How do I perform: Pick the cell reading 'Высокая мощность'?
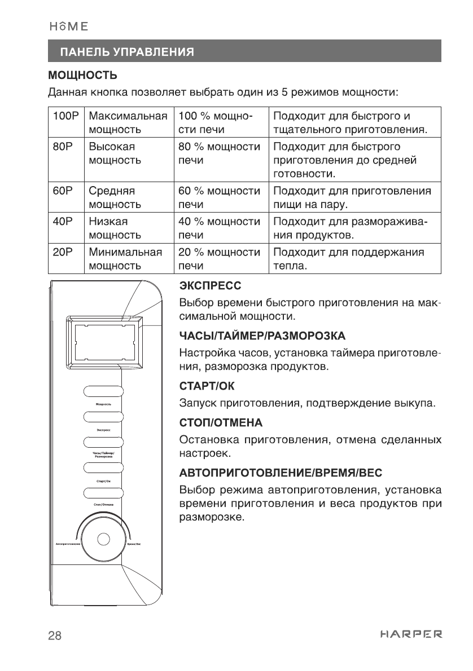(x=127, y=153)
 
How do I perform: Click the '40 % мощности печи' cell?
(x=219, y=227)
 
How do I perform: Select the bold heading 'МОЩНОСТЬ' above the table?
(x=82, y=75)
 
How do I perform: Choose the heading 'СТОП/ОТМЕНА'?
(x=214, y=422)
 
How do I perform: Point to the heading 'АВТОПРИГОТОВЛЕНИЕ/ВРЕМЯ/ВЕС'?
(x=272, y=470)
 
